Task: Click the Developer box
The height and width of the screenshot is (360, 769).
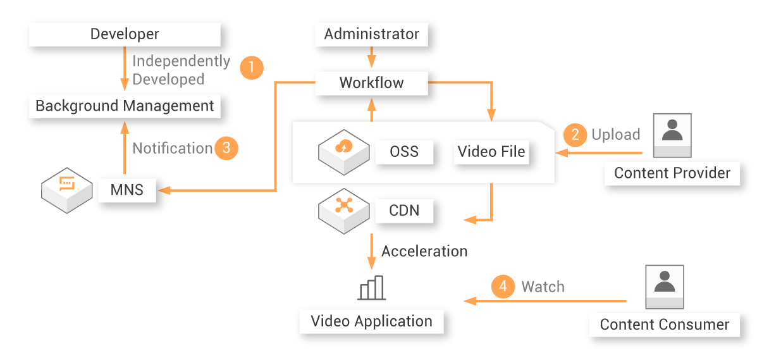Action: (125, 34)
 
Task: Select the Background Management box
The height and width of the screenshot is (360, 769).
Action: (125, 106)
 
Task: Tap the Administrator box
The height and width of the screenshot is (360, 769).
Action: (371, 34)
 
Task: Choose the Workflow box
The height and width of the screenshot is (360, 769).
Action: (371, 83)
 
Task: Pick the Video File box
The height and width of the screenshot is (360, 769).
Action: (491, 152)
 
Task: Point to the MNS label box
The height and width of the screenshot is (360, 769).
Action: (126, 189)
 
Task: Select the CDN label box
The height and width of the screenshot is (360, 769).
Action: (404, 210)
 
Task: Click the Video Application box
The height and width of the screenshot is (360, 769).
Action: (371, 321)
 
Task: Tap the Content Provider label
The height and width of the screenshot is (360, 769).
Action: (672, 173)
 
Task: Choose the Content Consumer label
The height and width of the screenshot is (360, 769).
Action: (665, 325)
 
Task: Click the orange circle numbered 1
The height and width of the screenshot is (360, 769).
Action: (251, 67)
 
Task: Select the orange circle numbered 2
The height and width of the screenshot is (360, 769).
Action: (575, 135)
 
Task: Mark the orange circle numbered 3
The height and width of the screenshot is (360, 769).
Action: (226, 148)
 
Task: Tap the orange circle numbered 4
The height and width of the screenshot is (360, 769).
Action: (503, 287)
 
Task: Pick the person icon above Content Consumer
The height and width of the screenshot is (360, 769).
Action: (664, 286)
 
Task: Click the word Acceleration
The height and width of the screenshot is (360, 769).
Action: (424, 251)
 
